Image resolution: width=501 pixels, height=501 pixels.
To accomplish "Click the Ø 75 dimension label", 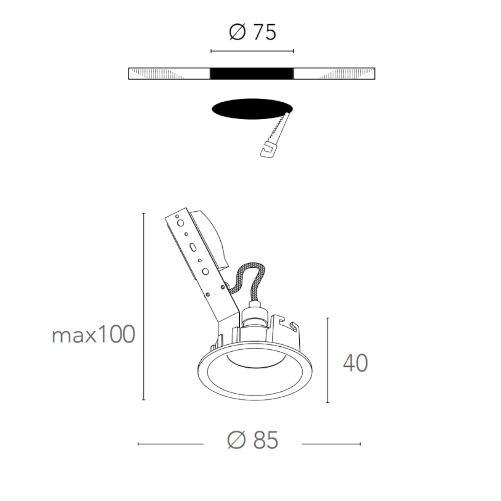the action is (253, 32).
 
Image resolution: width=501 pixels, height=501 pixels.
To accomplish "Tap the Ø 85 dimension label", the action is (253, 440).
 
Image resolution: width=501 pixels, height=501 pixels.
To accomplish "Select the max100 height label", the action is (93, 334).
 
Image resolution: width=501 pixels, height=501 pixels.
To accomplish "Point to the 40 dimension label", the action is (355, 363).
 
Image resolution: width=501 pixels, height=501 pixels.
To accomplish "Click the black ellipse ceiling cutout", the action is (252, 109).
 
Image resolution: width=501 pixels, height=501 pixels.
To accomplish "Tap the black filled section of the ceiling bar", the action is (252, 74).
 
